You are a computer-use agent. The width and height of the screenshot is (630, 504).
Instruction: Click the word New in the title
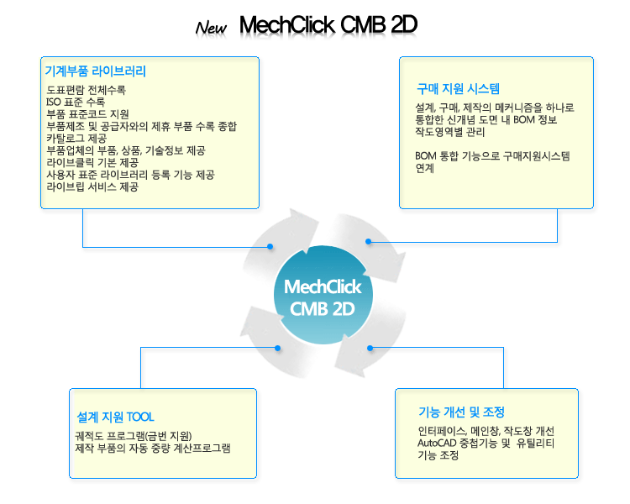tap(211, 28)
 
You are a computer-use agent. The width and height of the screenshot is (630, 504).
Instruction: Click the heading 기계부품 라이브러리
tap(95, 71)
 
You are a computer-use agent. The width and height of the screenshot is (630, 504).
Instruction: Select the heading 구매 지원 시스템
tap(458, 88)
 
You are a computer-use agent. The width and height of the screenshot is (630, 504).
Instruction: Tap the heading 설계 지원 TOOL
tap(115, 417)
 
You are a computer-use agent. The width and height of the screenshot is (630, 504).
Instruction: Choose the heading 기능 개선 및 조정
tap(461, 412)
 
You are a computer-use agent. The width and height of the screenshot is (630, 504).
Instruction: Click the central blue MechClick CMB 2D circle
tap(323, 296)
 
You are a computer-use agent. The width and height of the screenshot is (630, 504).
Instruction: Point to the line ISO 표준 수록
tap(76, 102)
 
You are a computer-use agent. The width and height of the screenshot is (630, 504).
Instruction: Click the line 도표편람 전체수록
tap(86, 90)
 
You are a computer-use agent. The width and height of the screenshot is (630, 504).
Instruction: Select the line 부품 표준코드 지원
tap(87, 114)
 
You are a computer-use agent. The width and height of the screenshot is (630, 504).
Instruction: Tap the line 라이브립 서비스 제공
tap(92, 186)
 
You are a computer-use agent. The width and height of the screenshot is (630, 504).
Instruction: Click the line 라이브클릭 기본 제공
tap(92, 163)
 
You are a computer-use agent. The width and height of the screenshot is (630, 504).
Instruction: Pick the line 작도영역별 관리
tap(450, 132)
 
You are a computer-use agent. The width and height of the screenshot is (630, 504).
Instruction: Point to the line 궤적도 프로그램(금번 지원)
tap(134, 436)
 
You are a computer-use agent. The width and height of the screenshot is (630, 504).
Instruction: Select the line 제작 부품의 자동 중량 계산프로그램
tap(153, 448)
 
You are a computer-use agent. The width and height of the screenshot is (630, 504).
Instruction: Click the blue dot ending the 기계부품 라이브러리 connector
tap(270, 246)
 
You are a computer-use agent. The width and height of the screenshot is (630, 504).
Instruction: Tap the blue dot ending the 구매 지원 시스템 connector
tap(369, 242)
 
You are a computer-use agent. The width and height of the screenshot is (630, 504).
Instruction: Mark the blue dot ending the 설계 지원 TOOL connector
tap(278, 348)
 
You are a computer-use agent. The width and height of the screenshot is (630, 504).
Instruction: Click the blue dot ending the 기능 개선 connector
tap(370, 348)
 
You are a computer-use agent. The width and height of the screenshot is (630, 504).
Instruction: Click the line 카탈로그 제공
tap(76, 139)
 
